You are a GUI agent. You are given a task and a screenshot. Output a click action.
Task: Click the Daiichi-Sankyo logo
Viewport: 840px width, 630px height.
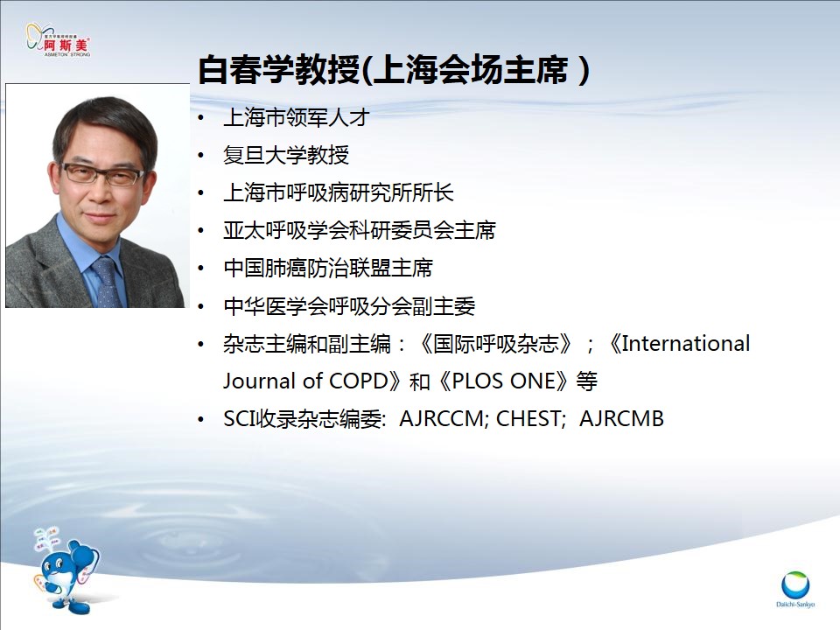click(795, 589)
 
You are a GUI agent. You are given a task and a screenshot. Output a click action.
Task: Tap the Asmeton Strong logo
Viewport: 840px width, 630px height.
click(58, 39)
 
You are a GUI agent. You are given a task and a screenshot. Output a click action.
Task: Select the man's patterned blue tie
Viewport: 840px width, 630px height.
click(107, 281)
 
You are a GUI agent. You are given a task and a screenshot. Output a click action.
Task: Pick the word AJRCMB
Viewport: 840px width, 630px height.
click(621, 419)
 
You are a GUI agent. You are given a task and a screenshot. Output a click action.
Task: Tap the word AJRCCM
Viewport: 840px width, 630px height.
click(441, 419)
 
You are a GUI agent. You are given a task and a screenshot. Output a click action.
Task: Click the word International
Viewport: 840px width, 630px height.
click(686, 343)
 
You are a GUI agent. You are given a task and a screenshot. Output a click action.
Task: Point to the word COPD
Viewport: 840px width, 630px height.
click(359, 381)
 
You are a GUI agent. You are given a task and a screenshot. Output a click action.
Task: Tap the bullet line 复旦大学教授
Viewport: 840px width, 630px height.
click(286, 156)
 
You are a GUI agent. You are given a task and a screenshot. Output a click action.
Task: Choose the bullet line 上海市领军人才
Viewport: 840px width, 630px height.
click(297, 117)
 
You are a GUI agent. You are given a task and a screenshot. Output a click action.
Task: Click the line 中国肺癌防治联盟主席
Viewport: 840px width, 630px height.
click(328, 268)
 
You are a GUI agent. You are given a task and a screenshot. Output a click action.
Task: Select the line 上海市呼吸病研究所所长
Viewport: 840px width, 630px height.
click(339, 192)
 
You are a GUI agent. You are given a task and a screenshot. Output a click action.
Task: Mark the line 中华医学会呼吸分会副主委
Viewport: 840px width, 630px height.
click(349, 306)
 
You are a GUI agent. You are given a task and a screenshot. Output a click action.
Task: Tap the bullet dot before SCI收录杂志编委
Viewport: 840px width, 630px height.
click(201, 419)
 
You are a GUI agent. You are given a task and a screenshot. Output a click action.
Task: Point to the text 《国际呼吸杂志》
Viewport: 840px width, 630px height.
click(495, 343)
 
